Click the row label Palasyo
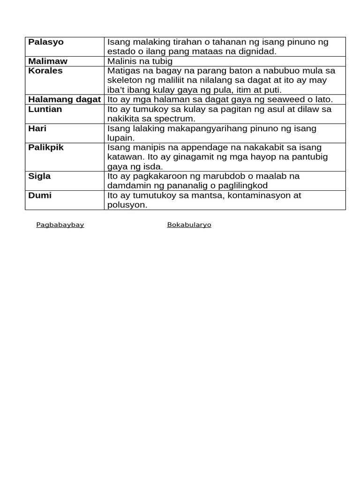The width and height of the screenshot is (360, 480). click(x=46, y=42)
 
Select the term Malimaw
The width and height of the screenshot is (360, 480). click(x=48, y=61)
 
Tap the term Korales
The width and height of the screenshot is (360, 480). click(x=45, y=71)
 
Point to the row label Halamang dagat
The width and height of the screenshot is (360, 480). click(x=65, y=99)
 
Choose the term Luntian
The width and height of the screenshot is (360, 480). click(x=45, y=109)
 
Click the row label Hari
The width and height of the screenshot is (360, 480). click(x=37, y=128)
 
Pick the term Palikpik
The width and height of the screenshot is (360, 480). click(x=46, y=148)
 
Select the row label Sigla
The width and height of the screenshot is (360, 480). click(x=39, y=176)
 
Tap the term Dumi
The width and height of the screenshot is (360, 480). click(x=40, y=195)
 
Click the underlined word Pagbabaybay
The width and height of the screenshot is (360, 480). click(x=60, y=225)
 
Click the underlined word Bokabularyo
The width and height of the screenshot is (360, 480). click(x=189, y=225)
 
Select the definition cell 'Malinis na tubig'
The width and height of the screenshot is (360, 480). click(x=140, y=61)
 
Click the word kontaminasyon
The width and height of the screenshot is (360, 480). click(x=263, y=195)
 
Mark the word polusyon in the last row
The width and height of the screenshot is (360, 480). click(x=127, y=205)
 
